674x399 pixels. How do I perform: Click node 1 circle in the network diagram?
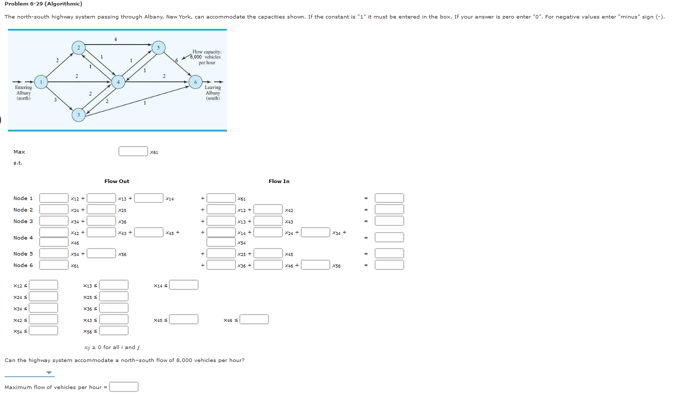pos(42,81)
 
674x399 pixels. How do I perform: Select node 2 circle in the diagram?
pos(77,47)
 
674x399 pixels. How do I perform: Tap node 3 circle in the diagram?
pos(77,115)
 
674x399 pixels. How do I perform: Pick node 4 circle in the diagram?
pos(118,82)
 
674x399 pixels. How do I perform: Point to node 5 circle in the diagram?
pos(158,48)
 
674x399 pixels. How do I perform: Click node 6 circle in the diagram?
pos(196,82)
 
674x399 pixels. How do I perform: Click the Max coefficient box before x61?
pos(133,151)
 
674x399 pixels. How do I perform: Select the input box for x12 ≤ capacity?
pos(43,285)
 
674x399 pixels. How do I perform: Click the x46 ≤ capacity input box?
pos(254,319)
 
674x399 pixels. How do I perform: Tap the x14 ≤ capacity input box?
pos(184,285)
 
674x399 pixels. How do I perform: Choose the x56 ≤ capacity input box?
pos(114,330)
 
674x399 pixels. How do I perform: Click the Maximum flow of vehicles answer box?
pos(124,387)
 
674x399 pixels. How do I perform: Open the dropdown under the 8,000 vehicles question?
pos(30,372)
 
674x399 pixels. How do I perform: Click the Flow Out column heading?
pos(117,181)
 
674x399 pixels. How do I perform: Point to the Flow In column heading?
pos(279,181)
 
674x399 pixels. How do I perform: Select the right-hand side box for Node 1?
pos(389,198)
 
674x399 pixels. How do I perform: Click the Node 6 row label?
pos(23,265)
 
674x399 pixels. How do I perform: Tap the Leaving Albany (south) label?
pos(213,92)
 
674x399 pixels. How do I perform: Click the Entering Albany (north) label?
pos(23,92)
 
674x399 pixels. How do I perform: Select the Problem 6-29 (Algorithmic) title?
pos(43,4)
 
